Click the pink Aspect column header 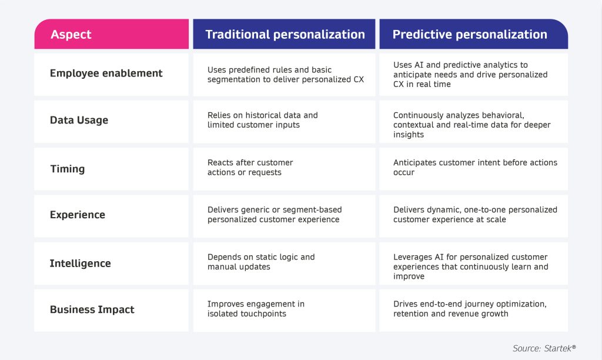coord(111,34)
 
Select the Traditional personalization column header coord(284,34)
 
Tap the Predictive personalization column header coord(474,34)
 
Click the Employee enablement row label coord(106,74)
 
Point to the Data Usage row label coord(79,120)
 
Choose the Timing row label coord(68,169)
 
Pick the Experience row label coord(78,214)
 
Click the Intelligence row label coord(80,263)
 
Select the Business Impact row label coord(92,309)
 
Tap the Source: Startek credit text coord(544,348)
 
